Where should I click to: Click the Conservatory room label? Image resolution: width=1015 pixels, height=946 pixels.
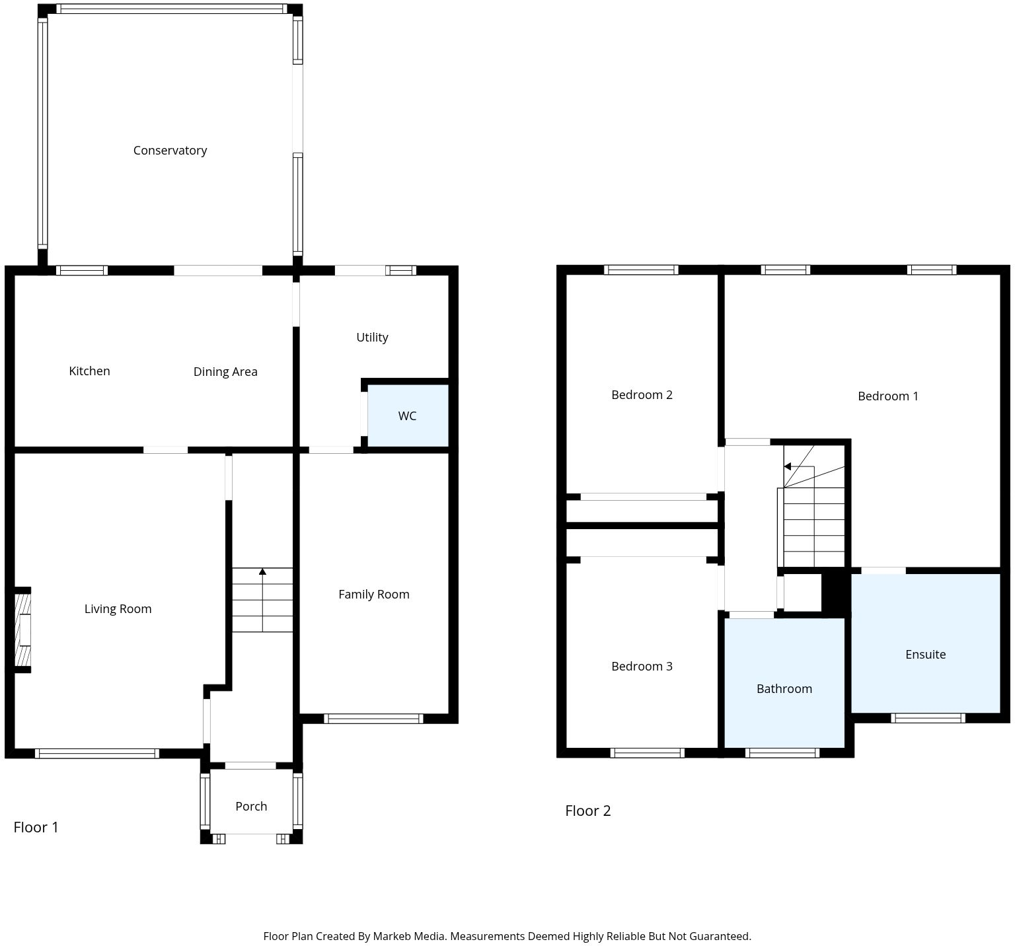[x=170, y=151]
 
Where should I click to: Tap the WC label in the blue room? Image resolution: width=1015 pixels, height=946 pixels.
[x=407, y=416]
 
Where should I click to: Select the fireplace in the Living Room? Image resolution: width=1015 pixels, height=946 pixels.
[x=23, y=629]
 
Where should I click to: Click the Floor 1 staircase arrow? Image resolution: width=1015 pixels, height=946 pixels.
[x=262, y=572]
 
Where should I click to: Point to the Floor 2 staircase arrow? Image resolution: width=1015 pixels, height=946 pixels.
[x=788, y=466]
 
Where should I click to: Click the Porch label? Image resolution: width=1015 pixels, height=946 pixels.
[x=251, y=806]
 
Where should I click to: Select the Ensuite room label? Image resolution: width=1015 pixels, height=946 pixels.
[x=925, y=654]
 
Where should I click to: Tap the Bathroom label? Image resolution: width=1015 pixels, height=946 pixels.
[x=784, y=688]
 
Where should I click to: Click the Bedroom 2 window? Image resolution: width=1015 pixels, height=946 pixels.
[x=641, y=270]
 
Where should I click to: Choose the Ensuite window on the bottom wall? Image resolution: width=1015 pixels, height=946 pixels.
[x=928, y=718]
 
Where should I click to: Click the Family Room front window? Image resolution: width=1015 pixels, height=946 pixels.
[x=373, y=719]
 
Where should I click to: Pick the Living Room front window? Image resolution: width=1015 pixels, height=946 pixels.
[x=97, y=753]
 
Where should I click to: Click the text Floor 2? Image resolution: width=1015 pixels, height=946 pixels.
[x=587, y=811]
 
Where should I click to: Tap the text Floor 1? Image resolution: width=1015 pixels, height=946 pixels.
[x=36, y=827]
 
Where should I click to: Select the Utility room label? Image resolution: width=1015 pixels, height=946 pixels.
[x=372, y=337]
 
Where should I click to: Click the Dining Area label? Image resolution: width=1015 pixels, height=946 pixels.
[x=225, y=371]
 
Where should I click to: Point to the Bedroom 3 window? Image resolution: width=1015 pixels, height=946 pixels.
[x=647, y=752]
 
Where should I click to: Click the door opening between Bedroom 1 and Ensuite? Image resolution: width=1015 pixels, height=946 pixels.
[x=883, y=570]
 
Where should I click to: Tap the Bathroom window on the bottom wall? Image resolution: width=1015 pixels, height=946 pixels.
[x=782, y=752]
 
